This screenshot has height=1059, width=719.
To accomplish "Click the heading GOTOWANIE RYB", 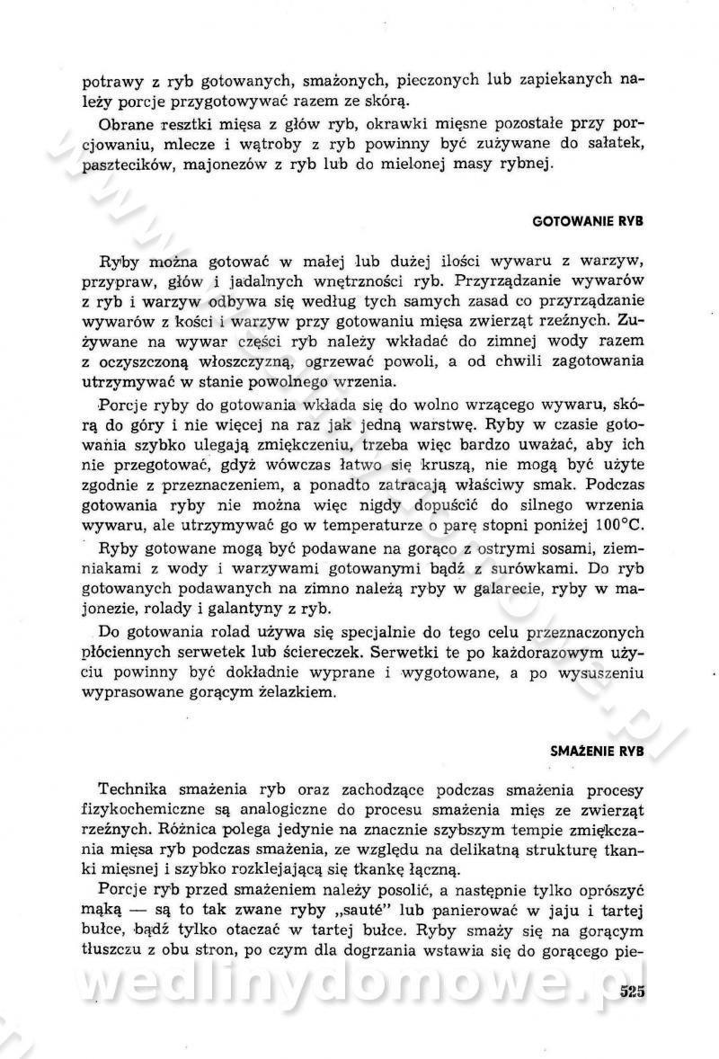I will click(x=589, y=219).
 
